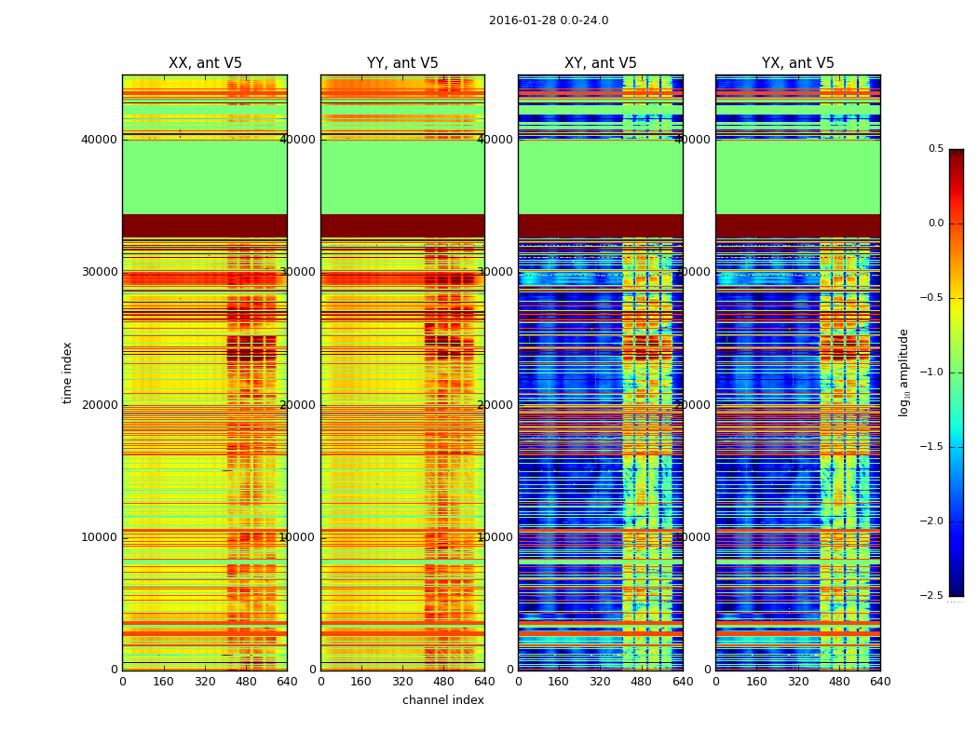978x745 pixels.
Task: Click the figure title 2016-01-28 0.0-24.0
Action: [548, 20]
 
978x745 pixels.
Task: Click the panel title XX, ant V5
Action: [205, 63]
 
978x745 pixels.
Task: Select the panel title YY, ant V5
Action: [402, 63]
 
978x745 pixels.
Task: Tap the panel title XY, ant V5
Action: [601, 63]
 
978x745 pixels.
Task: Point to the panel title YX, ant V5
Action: [798, 63]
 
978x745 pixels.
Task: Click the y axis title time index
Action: [67, 372]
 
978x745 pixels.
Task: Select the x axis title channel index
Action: [442, 700]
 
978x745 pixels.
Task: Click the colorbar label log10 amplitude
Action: [903, 372]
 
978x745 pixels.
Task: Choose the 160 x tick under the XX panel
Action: [163, 682]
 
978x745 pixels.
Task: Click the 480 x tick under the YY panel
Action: [443, 682]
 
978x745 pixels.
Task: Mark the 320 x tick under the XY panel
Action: [600, 682]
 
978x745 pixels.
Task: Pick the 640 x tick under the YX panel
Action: [879, 682]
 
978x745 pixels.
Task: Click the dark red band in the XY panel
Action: [600, 225]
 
